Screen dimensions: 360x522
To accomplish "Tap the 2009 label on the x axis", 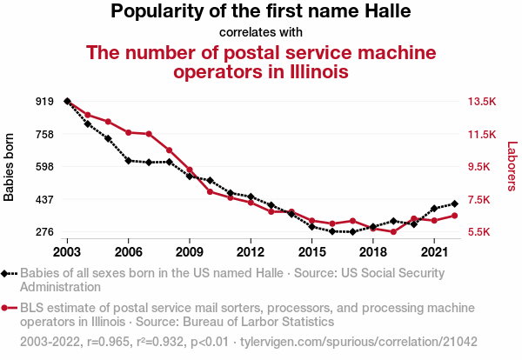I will point(190,251).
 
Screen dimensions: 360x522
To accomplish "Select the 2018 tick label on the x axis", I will point(372,251).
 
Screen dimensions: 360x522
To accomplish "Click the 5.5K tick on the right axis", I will point(481,232).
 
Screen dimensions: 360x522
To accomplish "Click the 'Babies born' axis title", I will point(10,167).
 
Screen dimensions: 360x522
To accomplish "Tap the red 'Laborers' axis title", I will point(512,167).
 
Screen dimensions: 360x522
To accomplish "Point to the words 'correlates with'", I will point(261,33).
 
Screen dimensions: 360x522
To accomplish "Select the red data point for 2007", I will point(149,134).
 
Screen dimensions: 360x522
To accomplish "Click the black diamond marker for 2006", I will point(129,161).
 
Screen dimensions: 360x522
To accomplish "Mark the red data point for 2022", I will point(454,215).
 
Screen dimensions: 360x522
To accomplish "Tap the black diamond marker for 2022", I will point(454,203).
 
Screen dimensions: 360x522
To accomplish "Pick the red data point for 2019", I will point(393,232).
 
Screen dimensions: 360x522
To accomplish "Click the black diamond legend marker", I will point(7,273).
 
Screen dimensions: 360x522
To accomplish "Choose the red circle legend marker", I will point(7,308).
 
